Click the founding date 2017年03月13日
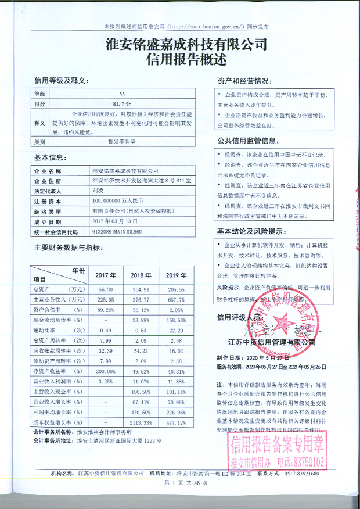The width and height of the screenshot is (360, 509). [x=115, y=221]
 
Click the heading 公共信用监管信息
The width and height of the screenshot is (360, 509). [x=247, y=141]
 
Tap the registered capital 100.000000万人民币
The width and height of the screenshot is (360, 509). [x=119, y=200]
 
